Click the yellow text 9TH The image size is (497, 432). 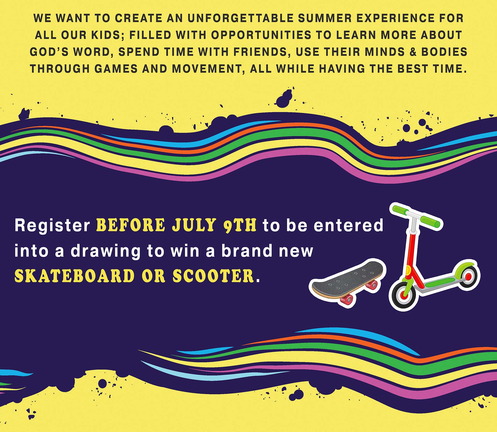[x=240, y=225]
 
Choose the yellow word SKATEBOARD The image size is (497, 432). [x=75, y=276]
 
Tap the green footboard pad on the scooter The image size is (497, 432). [x=440, y=282]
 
